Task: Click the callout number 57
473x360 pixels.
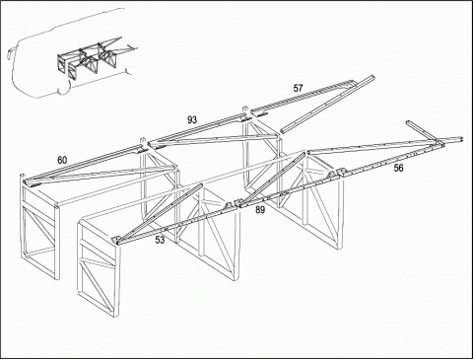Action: [x=298, y=88]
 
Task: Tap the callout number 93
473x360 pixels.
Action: [x=192, y=119]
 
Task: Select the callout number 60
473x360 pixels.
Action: [x=62, y=160]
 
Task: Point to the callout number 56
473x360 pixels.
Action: [x=398, y=168]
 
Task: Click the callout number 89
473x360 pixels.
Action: [x=260, y=210]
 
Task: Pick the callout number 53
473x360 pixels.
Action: [x=160, y=240]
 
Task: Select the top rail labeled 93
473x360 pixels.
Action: [x=197, y=129]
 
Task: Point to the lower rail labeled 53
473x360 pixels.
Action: [x=177, y=224]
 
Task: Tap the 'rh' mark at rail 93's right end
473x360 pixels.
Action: [x=244, y=108]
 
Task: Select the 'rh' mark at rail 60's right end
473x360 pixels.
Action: [x=143, y=139]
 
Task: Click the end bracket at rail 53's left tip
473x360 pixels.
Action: [x=116, y=240]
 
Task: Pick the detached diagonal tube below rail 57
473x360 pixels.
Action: [x=327, y=105]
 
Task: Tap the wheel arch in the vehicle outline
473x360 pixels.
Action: [x=62, y=90]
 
